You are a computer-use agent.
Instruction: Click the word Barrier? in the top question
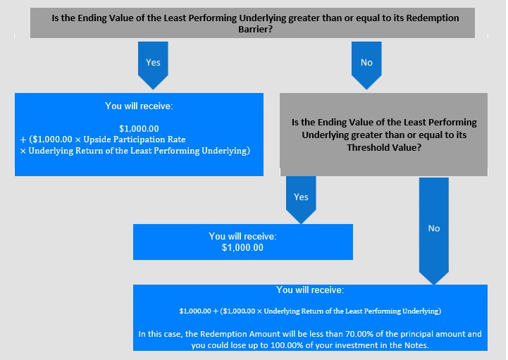pyautogui.click(x=255, y=29)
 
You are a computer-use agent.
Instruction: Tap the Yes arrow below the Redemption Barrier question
pyautogui.click(x=153, y=65)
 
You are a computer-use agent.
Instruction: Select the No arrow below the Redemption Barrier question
pyautogui.click(x=366, y=65)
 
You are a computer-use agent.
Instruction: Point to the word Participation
pyautogui.click(x=140, y=139)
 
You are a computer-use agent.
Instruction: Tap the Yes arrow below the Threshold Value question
pyautogui.click(x=301, y=199)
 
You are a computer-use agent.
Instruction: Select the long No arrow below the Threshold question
pyautogui.click(x=434, y=230)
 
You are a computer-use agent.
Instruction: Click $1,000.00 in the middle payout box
pyautogui.click(x=242, y=247)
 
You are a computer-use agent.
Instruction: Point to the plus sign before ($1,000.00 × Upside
pyautogui.click(x=23, y=139)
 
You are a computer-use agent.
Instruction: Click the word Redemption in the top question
pyautogui.click(x=433, y=18)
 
